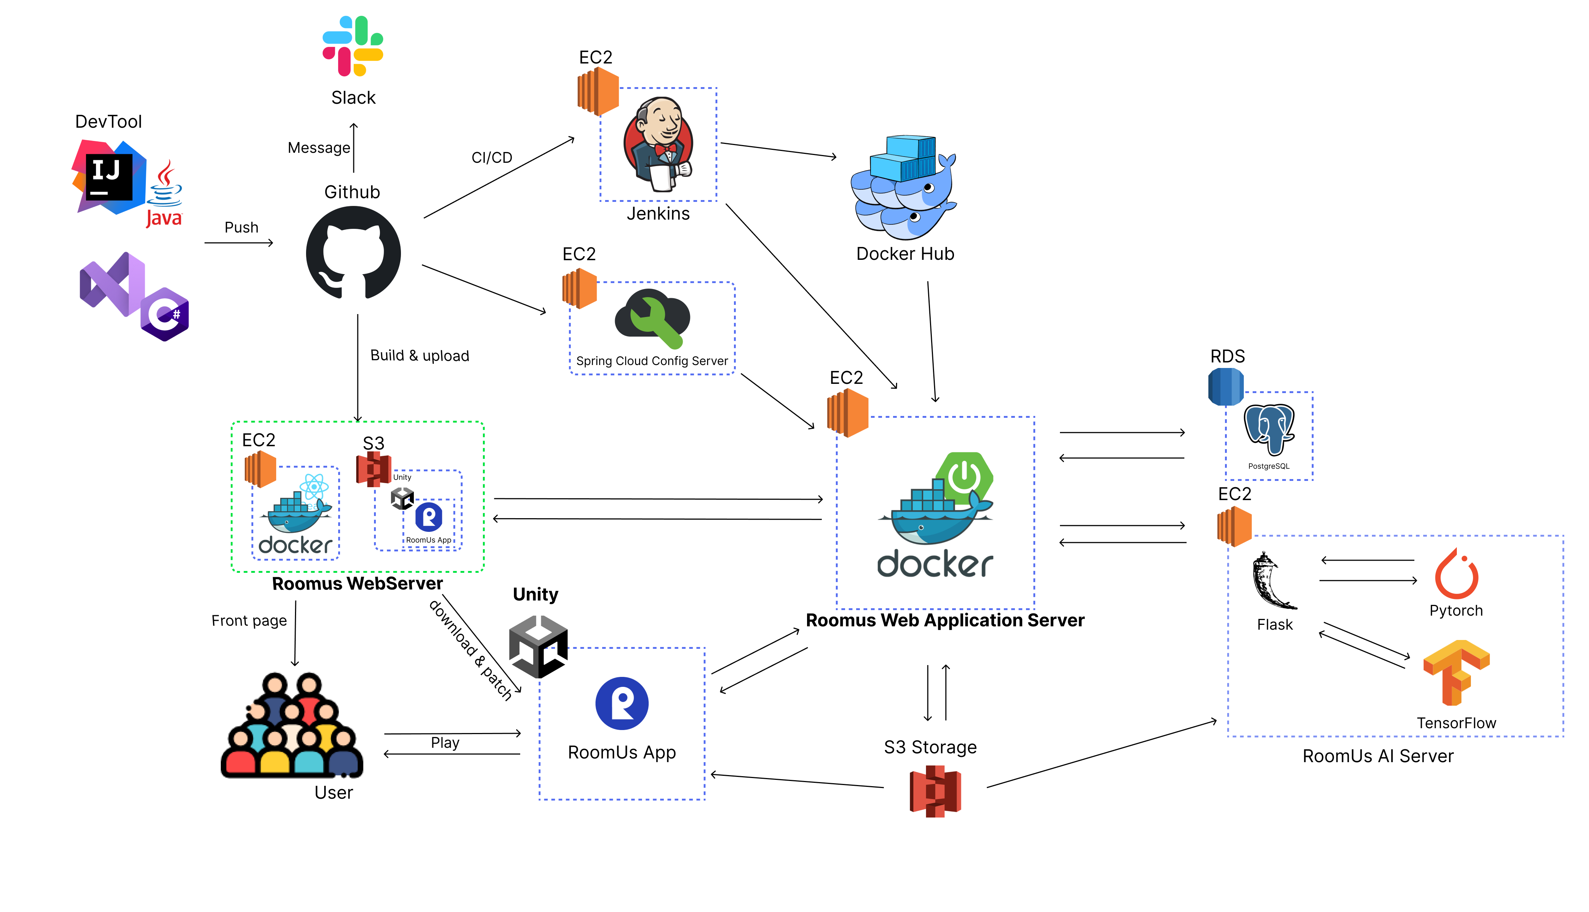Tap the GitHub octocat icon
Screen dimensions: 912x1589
[x=353, y=253]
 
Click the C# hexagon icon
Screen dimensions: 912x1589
[x=165, y=314]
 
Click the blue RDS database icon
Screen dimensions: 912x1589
[x=1226, y=386]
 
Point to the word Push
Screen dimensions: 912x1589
[x=241, y=227]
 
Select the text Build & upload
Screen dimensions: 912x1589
[x=419, y=356]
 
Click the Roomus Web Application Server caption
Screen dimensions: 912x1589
[x=945, y=620]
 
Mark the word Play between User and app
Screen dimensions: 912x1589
[x=445, y=743]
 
